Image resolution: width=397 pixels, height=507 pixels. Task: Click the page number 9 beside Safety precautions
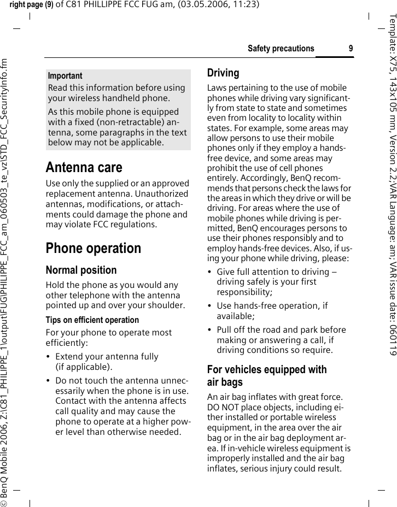point(351,49)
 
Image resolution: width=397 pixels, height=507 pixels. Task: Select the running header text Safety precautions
point(281,49)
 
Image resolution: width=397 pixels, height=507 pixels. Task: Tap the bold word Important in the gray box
point(65,76)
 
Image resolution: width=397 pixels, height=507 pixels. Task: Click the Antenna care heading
point(84,167)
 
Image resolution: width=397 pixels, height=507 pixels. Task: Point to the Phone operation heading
point(93,248)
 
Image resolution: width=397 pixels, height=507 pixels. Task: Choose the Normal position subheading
point(81,270)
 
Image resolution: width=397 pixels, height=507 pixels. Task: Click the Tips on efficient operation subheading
point(92,320)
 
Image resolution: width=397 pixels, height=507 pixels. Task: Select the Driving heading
point(223,73)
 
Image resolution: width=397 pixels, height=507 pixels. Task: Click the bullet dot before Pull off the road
point(211,331)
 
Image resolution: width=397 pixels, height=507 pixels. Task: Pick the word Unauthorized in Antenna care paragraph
point(162,194)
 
